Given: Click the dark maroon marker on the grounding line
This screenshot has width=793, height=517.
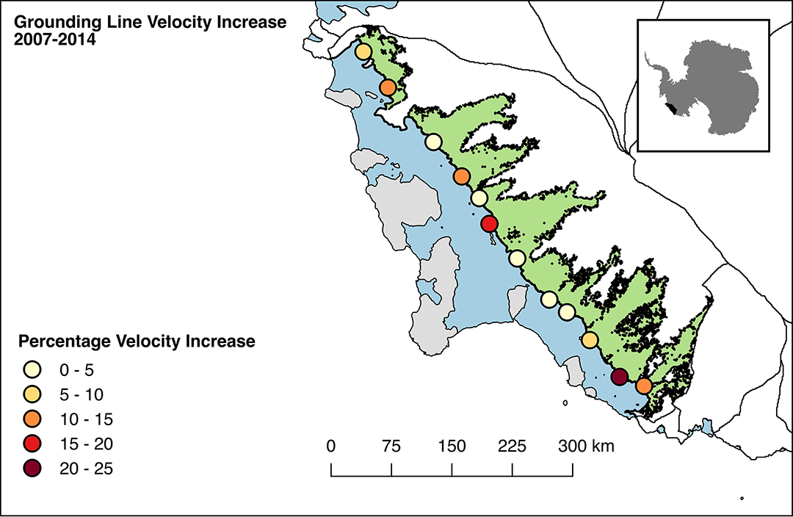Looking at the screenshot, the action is pyautogui.click(x=620, y=377).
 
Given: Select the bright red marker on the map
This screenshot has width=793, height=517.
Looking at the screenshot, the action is pyautogui.click(x=490, y=223).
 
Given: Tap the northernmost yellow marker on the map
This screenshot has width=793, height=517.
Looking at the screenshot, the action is pyautogui.click(x=363, y=51).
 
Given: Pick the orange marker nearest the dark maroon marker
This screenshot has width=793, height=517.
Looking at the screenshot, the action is pyautogui.click(x=643, y=386).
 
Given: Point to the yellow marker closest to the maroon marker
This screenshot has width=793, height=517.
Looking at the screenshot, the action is pyautogui.click(x=590, y=340).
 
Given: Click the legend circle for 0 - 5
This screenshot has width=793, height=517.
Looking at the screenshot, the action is pyautogui.click(x=32, y=370).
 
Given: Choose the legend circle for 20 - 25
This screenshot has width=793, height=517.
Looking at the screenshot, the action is pyautogui.click(x=32, y=469).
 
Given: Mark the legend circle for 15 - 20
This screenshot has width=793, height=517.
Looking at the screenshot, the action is pyautogui.click(x=32, y=444).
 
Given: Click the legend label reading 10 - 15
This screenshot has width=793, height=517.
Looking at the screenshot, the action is pyautogui.click(x=86, y=419).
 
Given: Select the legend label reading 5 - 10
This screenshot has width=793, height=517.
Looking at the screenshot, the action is pyautogui.click(x=82, y=394).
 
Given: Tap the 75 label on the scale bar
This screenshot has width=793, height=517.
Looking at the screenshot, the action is pyautogui.click(x=391, y=446).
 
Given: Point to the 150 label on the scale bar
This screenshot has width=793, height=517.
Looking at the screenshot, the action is pyautogui.click(x=452, y=446).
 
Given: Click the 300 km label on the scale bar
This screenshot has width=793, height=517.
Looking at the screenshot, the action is pyautogui.click(x=586, y=446).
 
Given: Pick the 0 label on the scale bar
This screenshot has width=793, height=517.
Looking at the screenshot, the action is pyautogui.click(x=330, y=446).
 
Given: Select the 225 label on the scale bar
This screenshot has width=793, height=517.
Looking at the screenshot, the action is pyautogui.click(x=512, y=446).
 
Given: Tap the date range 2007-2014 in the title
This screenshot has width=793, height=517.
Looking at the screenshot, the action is pyautogui.click(x=54, y=40).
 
